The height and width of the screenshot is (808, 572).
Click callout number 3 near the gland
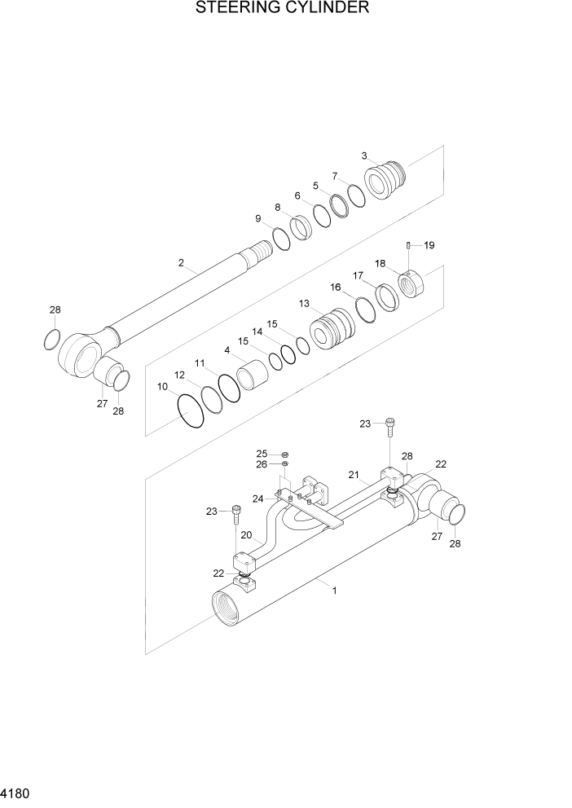(365, 156)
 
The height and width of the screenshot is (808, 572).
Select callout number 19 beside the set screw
(429, 245)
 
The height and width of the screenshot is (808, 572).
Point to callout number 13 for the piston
(304, 304)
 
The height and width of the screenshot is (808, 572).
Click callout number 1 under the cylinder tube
(334, 591)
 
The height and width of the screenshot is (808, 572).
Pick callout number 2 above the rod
(181, 263)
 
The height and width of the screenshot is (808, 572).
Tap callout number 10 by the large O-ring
(162, 386)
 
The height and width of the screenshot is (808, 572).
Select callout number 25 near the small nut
(262, 454)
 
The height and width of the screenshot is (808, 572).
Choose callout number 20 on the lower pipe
(246, 538)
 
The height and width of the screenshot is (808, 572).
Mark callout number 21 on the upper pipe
(354, 475)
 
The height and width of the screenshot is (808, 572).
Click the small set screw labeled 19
(408, 245)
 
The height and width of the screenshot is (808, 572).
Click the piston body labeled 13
(332, 333)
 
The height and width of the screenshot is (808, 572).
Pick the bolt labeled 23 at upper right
(391, 425)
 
